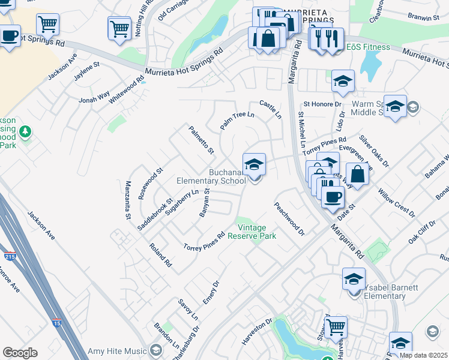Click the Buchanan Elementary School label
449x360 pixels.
tap(210, 176)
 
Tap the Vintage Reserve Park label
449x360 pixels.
tap(256, 232)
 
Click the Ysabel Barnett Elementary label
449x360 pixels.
tap(385, 292)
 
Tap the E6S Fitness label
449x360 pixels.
tap(368, 47)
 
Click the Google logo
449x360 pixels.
tap(20, 353)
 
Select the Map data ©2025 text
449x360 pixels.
tap(424, 355)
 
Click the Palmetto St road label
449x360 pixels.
tap(201, 139)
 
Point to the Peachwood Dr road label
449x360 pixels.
tap(289, 218)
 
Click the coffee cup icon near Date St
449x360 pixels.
tap(333, 196)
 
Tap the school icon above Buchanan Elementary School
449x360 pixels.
tap(255, 164)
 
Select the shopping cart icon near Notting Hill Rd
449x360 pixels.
tap(119, 27)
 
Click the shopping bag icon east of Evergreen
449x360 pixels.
tap(357, 174)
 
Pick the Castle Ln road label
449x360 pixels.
tap(270, 110)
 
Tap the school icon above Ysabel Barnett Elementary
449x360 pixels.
tap(354, 279)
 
